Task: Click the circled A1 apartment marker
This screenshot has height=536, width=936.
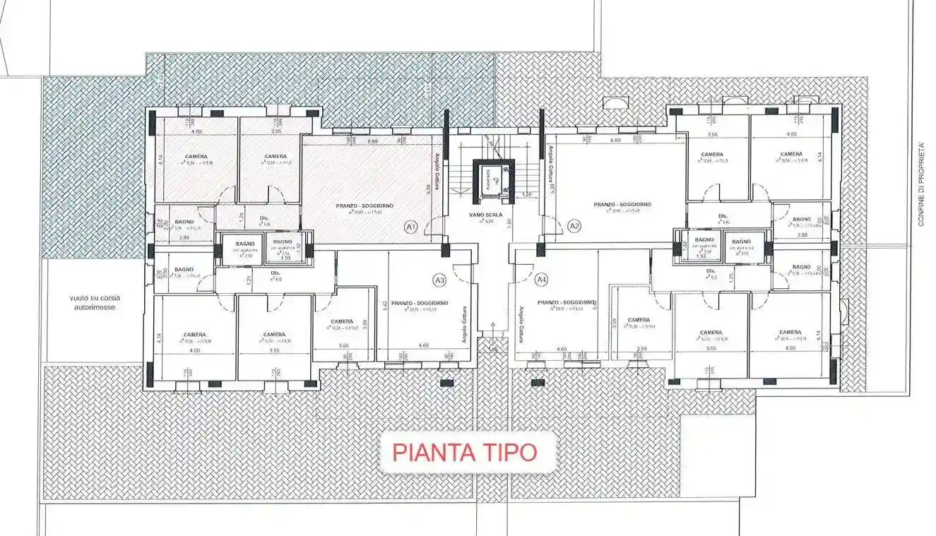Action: point(410,227)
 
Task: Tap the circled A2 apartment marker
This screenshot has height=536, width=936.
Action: point(574,227)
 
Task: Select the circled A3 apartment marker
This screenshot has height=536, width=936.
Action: point(440,280)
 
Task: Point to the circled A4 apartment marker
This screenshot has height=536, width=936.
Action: point(542,280)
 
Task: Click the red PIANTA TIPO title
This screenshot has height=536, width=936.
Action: point(464,452)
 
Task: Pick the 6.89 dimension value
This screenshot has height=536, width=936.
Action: point(372,142)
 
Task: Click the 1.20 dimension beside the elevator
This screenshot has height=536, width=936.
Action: point(526,194)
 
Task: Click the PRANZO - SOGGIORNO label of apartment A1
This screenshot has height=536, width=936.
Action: point(365,206)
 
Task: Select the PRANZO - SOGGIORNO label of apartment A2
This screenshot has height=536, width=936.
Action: point(622,204)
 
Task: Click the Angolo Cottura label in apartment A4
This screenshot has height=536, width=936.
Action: point(521,324)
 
